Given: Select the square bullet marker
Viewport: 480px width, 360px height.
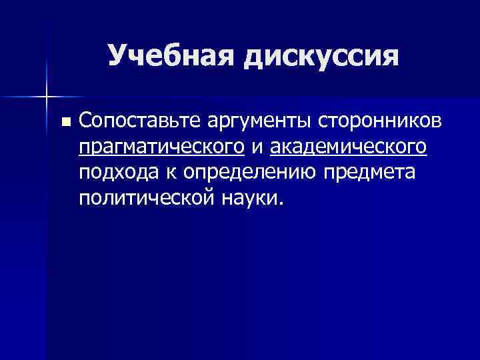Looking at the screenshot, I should coord(65,122).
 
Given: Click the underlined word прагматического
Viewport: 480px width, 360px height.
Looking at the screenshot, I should coord(161,147).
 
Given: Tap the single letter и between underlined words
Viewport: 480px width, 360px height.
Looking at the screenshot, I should coord(257,147).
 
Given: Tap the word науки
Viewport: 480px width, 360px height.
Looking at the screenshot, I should coord(247,197).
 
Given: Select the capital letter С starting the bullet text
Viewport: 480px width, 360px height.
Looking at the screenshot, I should coord(85,121).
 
